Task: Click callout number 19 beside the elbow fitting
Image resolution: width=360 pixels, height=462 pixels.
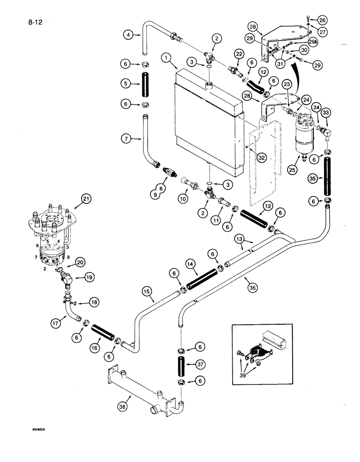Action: click(89, 277)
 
